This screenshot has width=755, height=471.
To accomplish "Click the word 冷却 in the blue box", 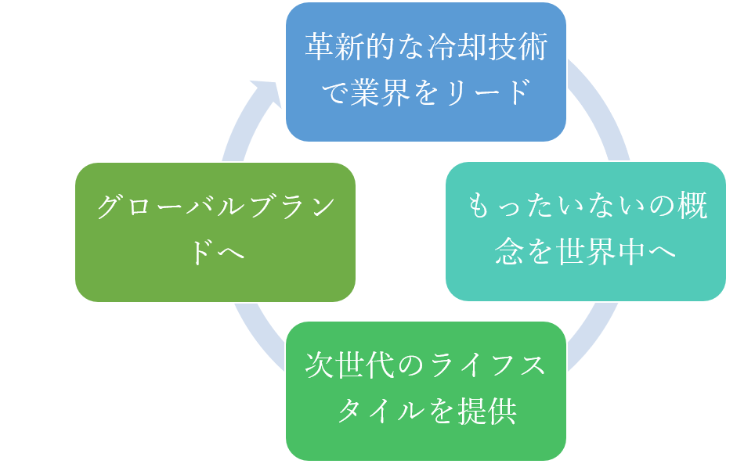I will pyautogui.click(x=450, y=48).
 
